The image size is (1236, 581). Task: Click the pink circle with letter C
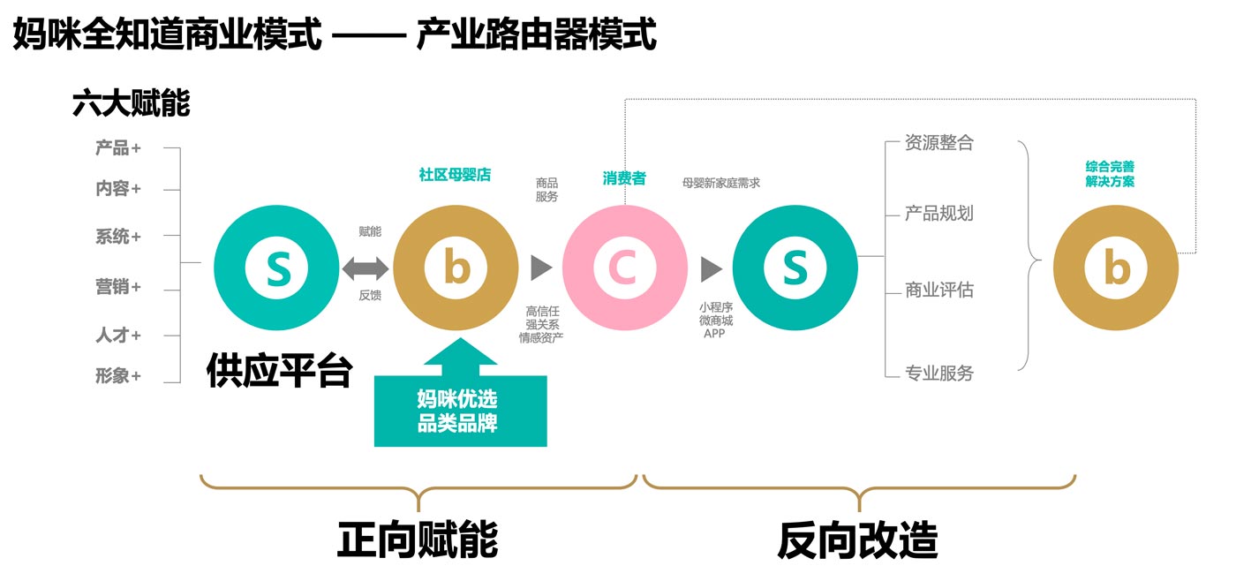pyautogui.click(x=624, y=268)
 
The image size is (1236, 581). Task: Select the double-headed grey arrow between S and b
pyautogui.click(x=365, y=268)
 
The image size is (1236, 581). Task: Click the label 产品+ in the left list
pyautogui.click(x=118, y=148)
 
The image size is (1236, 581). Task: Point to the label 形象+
pyautogui.click(x=118, y=376)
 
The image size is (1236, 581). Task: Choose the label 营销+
pyautogui.click(x=118, y=287)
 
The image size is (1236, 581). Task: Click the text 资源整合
pyautogui.click(x=938, y=143)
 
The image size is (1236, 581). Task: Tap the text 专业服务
pyautogui.click(x=938, y=373)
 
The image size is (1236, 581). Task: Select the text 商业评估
pyautogui.click(x=938, y=290)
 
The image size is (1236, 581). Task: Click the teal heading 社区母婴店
pyautogui.click(x=455, y=175)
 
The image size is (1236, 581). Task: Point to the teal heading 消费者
pyautogui.click(x=624, y=178)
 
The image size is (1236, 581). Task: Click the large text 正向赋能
pyautogui.click(x=418, y=539)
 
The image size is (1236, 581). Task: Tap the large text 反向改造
pyautogui.click(x=857, y=539)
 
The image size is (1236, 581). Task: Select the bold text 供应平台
pyautogui.click(x=279, y=371)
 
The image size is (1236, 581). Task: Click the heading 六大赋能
pyautogui.click(x=131, y=104)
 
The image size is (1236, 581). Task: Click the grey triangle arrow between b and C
pyautogui.click(x=540, y=268)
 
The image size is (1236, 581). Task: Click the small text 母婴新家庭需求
pyautogui.click(x=720, y=183)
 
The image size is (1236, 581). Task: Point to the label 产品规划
pyautogui.click(x=938, y=214)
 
